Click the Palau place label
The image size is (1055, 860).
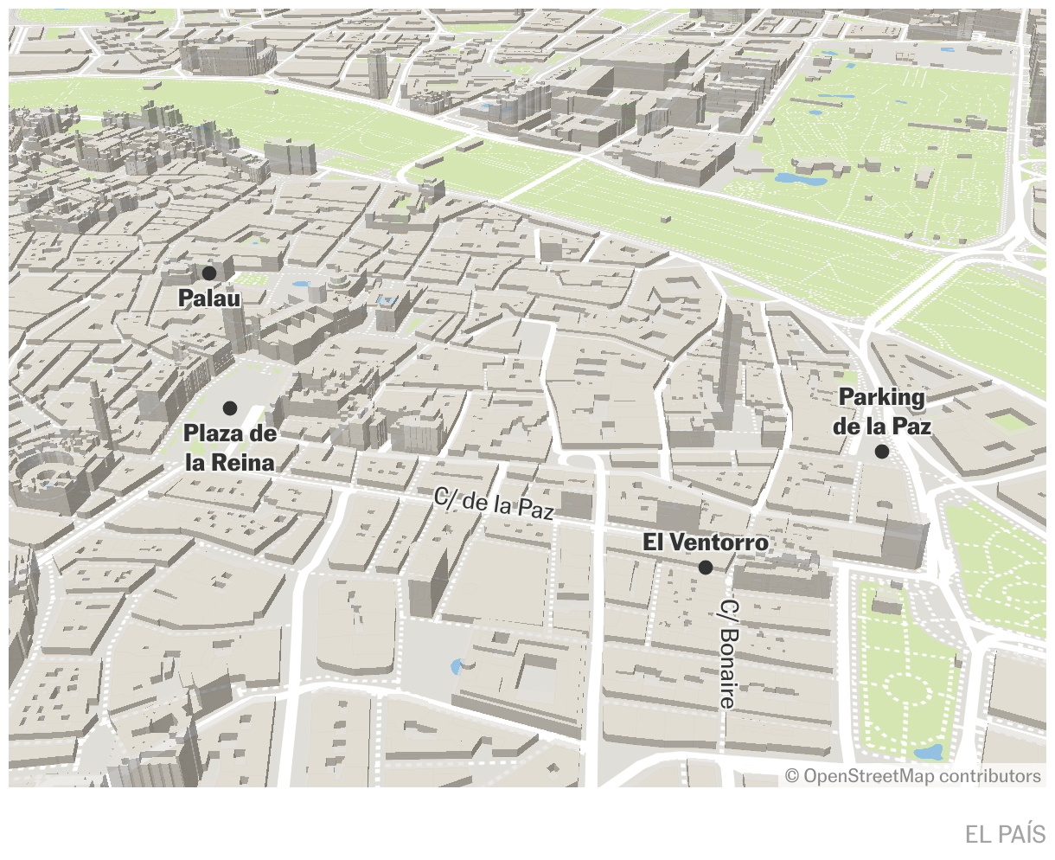208,298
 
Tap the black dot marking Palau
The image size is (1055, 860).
209,273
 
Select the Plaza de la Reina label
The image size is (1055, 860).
230,448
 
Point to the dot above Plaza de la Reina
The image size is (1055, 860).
230,408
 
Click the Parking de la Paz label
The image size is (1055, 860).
882,412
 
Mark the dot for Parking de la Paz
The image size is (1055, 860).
882,452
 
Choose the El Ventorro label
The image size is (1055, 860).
705,542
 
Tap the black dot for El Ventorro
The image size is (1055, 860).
706,568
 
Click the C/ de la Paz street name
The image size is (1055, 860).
494,504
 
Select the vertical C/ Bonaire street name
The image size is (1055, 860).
728,654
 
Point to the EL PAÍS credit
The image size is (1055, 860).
1005,834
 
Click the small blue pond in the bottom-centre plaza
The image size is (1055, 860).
457,666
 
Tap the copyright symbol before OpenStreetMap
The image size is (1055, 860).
792,776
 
